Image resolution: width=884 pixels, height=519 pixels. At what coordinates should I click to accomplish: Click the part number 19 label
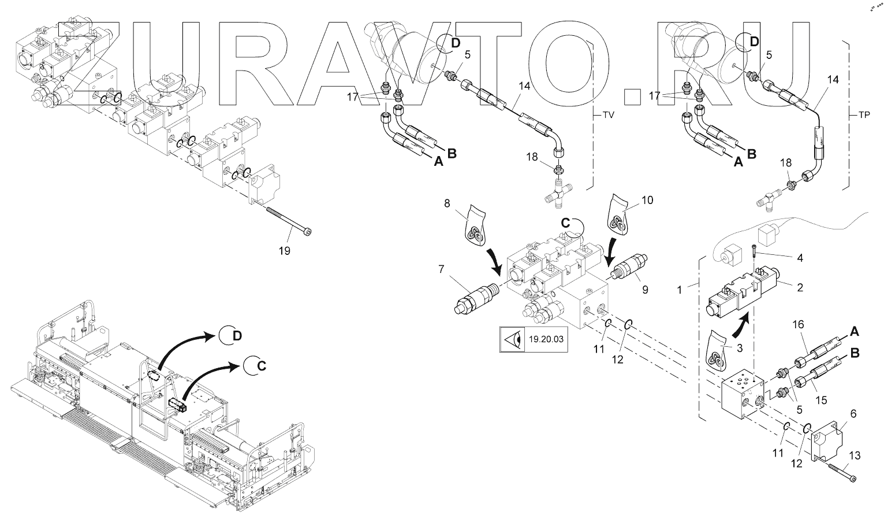tap(285, 251)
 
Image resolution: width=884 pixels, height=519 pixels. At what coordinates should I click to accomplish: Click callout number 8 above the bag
tap(447, 203)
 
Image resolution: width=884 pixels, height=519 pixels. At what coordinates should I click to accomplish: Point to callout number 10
tap(647, 200)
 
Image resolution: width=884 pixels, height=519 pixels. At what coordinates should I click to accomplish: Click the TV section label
tap(608, 114)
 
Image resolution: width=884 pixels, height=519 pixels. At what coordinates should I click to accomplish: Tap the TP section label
tap(864, 114)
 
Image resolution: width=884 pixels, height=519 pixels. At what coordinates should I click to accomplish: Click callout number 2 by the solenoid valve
tap(800, 287)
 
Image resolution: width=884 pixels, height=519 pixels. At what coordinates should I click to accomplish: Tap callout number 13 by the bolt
tap(855, 456)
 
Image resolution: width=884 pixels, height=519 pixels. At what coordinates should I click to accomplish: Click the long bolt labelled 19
tap(289, 219)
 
